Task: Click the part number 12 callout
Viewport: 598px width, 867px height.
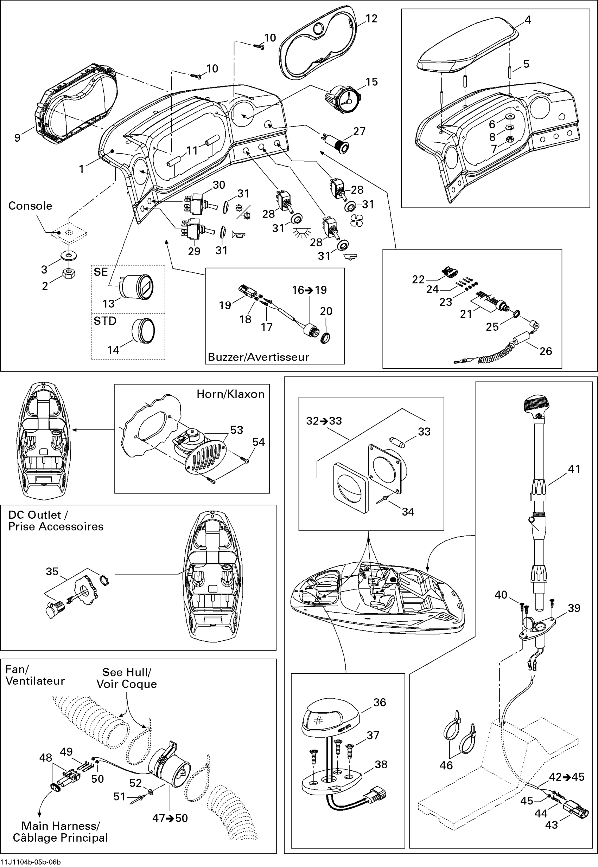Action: pyautogui.click(x=371, y=19)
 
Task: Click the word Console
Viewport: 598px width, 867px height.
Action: pyautogui.click(x=30, y=206)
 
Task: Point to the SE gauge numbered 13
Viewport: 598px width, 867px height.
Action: pyautogui.click(x=137, y=287)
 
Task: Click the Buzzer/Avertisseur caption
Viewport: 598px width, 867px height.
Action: pyautogui.click(x=258, y=357)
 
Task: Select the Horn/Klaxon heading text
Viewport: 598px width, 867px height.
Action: pyautogui.click(x=230, y=394)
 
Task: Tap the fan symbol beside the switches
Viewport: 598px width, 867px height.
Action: pyautogui.click(x=356, y=220)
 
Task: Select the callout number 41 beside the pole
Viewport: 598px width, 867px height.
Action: pyautogui.click(x=574, y=469)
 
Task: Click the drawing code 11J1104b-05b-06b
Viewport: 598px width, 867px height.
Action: pyautogui.click(x=31, y=862)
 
